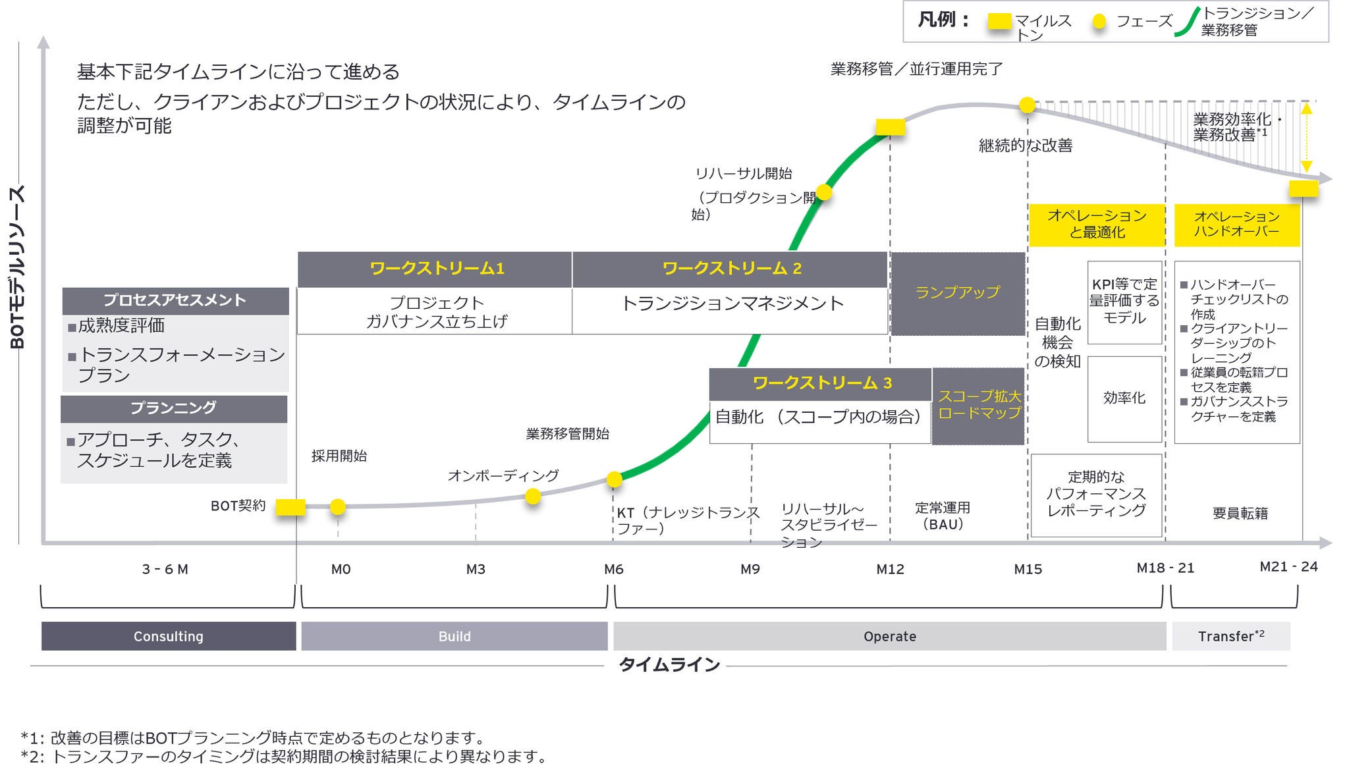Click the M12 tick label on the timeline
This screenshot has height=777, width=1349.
890,569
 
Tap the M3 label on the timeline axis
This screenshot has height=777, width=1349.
476,569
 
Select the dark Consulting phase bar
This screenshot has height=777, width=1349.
169,636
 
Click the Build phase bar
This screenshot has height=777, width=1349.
454,636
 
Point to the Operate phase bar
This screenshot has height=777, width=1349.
889,636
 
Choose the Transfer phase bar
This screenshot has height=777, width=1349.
1230,636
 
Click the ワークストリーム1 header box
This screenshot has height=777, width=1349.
435,269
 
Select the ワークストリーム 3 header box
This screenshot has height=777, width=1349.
820,383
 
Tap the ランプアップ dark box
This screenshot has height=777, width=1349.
958,293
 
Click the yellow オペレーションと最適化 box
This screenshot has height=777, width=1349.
1097,224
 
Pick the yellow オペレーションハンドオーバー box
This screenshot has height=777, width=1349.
1236,224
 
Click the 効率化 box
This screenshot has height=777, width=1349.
1124,398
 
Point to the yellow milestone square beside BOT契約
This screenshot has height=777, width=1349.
290,506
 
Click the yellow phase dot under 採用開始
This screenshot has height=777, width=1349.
337,506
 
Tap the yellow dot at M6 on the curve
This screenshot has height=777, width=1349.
614,479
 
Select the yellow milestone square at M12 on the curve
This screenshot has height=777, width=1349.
890,127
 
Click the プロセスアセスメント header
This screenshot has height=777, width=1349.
175,300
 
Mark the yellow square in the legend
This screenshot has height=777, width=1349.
999,22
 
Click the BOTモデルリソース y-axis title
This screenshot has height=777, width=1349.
18,267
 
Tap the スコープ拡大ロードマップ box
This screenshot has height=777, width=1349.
979,405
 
